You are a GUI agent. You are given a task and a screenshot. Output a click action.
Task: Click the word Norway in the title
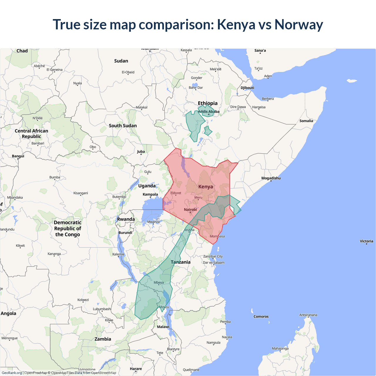pos(298,25)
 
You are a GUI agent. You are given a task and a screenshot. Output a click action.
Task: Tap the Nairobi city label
pos(190,209)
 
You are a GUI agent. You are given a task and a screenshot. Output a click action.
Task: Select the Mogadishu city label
pos(271,178)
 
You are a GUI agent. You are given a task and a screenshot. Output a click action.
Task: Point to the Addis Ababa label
pos(209,112)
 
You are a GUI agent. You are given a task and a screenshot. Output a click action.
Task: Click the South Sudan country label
pos(123,126)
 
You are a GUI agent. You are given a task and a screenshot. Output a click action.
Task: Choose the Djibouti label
pos(247,88)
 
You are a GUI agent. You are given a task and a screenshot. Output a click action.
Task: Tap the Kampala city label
pos(150,194)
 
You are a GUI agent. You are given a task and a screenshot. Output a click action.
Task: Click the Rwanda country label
pos(126,219)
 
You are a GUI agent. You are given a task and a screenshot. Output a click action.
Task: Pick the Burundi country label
pos(125,233)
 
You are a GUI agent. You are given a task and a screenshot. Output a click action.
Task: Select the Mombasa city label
pos(217,236)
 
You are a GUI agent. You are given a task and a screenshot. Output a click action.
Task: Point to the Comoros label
pos(261,317)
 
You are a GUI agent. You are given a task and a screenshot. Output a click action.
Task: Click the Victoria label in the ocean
pos(367,241)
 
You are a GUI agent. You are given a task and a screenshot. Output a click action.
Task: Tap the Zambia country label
pos(103,339)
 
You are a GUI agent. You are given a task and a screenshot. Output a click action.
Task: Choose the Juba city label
pos(141,152)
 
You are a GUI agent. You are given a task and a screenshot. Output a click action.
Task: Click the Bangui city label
pos(18,156)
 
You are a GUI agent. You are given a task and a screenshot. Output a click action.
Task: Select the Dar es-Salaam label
pos(214,263)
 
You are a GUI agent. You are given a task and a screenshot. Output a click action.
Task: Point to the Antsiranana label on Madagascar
pos(308,315)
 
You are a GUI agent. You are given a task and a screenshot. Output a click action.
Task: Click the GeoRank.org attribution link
pos(12,373)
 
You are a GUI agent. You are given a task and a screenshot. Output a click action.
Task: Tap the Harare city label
pos(136,369)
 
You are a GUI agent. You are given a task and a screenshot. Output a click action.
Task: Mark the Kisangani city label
pos(81,193)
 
